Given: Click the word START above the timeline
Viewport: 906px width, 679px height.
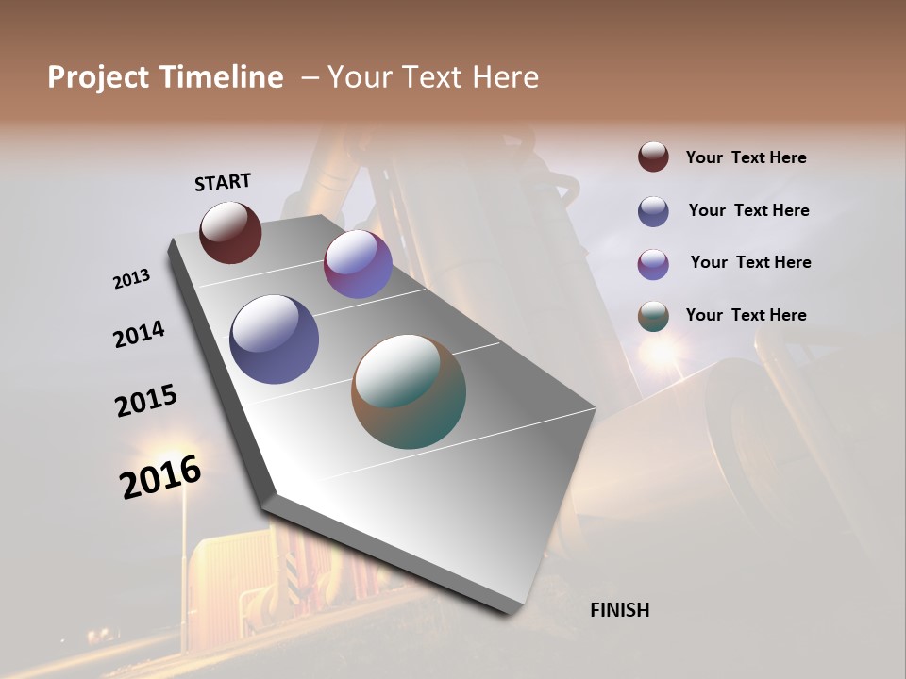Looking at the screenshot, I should click(223, 181).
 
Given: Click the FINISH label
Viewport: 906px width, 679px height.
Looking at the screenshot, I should click(619, 610).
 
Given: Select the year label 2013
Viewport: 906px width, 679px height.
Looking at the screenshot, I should click(131, 279).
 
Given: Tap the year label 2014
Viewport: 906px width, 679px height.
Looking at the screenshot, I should click(139, 334).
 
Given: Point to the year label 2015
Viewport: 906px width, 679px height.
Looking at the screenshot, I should click(146, 401).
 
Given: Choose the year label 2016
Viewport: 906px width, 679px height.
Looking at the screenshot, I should click(160, 477).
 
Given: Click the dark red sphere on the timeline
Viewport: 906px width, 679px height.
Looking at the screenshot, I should click(230, 232).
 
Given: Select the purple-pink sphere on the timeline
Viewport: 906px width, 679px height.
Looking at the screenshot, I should click(358, 264).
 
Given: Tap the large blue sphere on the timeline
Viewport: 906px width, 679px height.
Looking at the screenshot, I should click(274, 339).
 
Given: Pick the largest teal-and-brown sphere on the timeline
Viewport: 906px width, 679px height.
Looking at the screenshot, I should click(409, 391).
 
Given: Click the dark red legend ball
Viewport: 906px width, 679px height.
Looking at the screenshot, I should click(653, 157).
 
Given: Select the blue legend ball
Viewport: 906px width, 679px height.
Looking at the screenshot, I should click(653, 211).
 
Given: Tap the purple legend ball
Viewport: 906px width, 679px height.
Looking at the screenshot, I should click(653, 264).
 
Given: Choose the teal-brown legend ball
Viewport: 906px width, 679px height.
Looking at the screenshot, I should click(653, 316).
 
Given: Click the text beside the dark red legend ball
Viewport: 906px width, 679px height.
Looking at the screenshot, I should click(746, 157).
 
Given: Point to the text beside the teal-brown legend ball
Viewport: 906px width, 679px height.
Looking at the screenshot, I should click(746, 315).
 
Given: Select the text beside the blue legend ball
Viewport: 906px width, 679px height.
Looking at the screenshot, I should click(748, 210).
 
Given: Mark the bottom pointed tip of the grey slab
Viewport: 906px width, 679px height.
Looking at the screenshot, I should click(511, 613).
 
